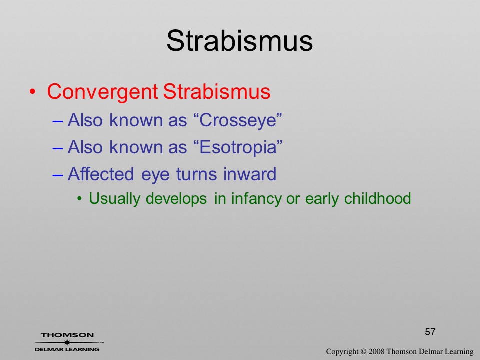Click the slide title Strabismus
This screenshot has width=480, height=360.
tap(239, 41)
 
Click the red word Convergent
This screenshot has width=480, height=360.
tap(102, 92)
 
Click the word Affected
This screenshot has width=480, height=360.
tap(100, 174)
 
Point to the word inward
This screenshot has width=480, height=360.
tap(250, 174)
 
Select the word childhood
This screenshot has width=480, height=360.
tap(378, 198)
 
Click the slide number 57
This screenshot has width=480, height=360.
tap(430, 332)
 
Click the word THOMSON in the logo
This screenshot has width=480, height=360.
tap(67, 335)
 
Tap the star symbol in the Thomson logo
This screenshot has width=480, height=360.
tap(67, 342)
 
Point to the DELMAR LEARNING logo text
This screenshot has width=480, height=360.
tap(67, 349)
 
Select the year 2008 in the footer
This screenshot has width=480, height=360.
tap(376, 351)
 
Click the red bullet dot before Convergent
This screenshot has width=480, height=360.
tap(33, 92)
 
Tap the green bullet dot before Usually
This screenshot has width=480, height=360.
tap(80, 199)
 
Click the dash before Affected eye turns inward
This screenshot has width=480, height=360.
tap(58, 175)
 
